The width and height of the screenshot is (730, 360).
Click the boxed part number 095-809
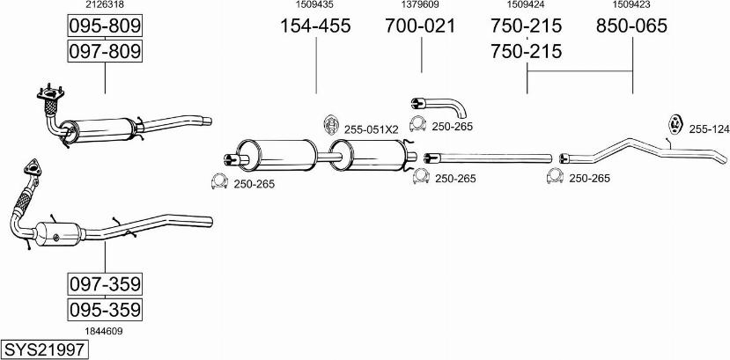click(105, 26)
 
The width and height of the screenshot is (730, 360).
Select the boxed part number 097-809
click(105, 51)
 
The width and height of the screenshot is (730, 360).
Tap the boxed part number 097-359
click(105, 283)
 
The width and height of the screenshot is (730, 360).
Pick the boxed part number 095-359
click(105, 309)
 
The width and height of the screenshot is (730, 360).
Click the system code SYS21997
click(45, 349)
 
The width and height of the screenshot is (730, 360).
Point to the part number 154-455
click(315, 26)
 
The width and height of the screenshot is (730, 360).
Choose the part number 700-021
click(420, 26)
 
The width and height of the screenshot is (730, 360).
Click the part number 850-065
click(631, 26)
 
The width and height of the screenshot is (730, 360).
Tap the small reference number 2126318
click(105, 4)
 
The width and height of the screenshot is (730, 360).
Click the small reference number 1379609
click(420, 4)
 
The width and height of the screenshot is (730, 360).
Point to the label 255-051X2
click(371, 129)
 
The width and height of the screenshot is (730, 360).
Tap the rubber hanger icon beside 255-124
click(675, 124)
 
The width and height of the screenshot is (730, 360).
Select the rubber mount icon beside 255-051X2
click(330, 125)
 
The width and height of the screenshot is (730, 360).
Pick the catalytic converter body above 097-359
click(59, 234)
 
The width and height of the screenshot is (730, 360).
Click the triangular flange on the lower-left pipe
click(33, 167)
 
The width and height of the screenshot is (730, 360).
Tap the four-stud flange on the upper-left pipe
click(50, 92)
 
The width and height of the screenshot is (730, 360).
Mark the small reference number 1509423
click(631, 4)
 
